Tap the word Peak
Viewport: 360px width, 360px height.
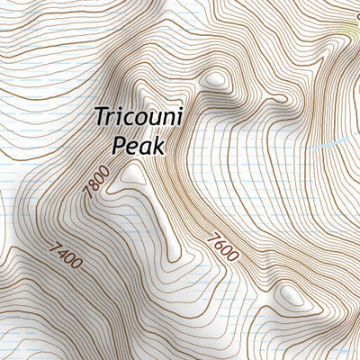(x=140, y=144)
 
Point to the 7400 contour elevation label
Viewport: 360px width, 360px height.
(x=67, y=256)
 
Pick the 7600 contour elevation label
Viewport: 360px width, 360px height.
(x=221, y=247)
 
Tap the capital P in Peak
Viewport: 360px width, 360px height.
(x=118, y=144)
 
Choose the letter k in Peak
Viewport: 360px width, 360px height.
(x=161, y=143)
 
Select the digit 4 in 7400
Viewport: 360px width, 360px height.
(x=63, y=252)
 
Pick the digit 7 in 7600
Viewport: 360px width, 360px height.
(x=211, y=237)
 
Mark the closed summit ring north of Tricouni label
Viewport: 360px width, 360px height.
(x=214, y=79)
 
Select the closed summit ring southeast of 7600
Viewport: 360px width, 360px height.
(x=290, y=294)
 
